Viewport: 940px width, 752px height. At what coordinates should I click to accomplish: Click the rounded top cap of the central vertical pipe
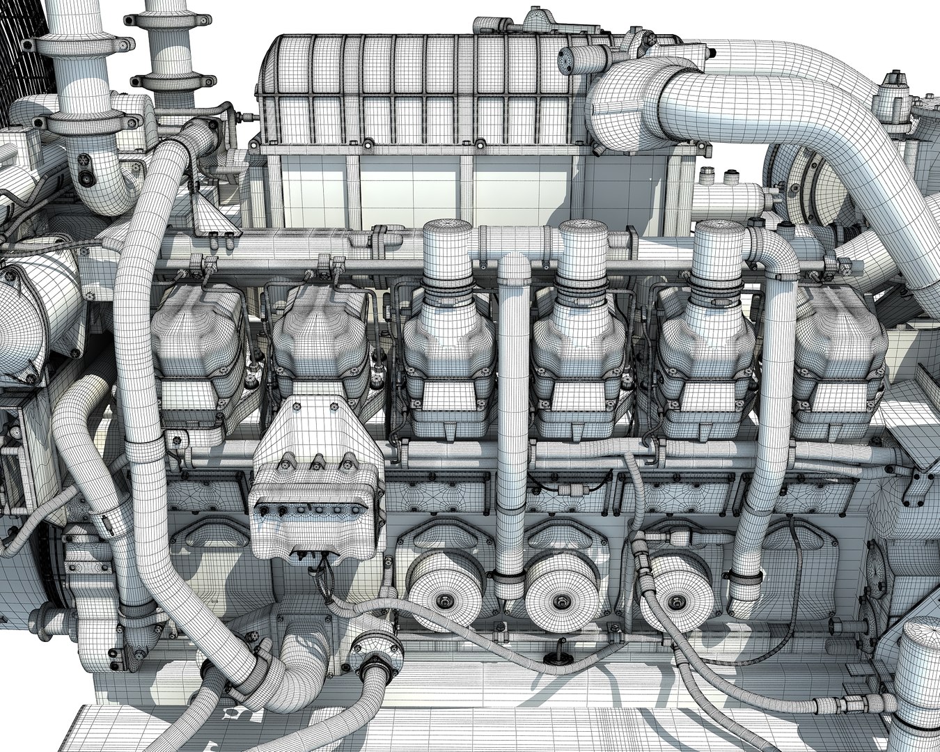pyautogui.click(x=514, y=265)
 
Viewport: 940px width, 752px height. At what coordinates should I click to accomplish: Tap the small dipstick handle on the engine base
pyautogui.click(x=558, y=655)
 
